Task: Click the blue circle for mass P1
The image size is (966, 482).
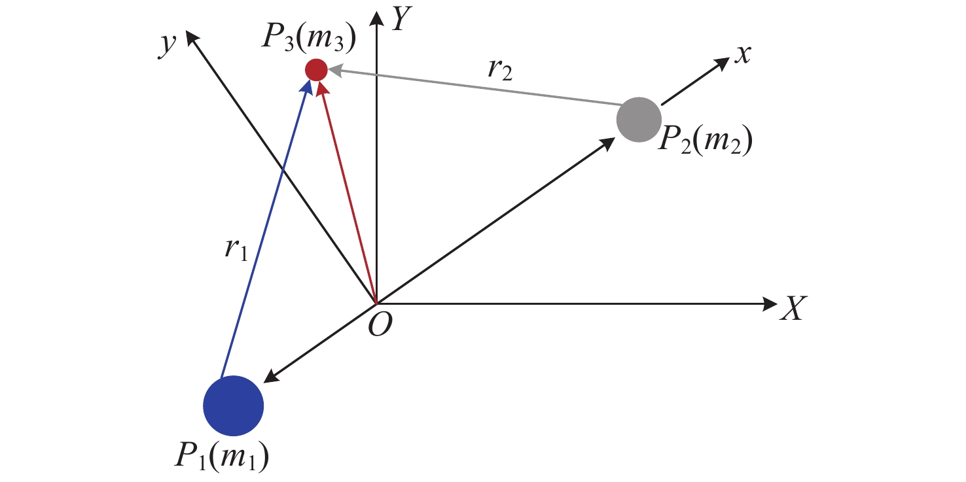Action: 233,405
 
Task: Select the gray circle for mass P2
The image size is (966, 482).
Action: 638,119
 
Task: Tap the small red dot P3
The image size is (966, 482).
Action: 316,69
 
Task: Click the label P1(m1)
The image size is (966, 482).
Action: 222,456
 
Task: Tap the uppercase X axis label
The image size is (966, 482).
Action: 794,307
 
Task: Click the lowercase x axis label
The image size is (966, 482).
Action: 742,56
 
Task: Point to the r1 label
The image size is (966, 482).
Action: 234,250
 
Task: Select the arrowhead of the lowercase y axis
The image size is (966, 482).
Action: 192,39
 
